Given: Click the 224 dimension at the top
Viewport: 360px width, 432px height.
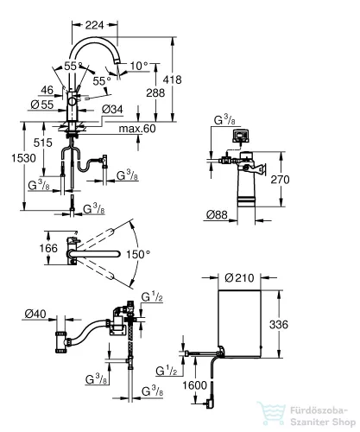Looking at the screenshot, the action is [x=94, y=25].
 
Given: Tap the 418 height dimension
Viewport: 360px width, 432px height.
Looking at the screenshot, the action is [x=172, y=79].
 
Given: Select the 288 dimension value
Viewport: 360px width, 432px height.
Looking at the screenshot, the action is [x=155, y=92].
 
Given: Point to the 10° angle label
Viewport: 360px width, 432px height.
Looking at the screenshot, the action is [x=139, y=66].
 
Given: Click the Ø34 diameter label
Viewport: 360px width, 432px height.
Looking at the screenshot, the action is [x=112, y=109].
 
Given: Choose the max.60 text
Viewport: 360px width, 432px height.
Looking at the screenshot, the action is [x=137, y=129].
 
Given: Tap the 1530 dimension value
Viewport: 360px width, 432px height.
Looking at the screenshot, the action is [x=23, y=158].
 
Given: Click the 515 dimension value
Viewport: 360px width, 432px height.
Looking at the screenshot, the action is [x=43, y=143].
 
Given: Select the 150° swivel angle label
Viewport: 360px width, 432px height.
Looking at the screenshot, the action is [x=138, y=254].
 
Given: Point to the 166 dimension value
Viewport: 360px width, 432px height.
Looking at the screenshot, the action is [x=48, y=248].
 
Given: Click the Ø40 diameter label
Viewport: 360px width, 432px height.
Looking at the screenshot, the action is [x=35, y=314].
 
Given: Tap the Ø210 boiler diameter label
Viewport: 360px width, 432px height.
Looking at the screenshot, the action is [x=239, y=278].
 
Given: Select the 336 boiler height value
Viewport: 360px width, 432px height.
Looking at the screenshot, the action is [x=279, y=325].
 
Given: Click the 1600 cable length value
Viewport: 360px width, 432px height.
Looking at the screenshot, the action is [x=194, y=385].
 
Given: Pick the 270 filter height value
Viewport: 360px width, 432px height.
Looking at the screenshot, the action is [x=280, y=180].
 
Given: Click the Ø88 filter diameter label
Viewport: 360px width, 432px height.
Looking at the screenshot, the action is [x=217, y=214].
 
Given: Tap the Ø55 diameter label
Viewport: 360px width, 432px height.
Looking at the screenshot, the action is [x=42, y=105].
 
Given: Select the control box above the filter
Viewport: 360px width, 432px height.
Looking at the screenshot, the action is [x=241, y=136].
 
